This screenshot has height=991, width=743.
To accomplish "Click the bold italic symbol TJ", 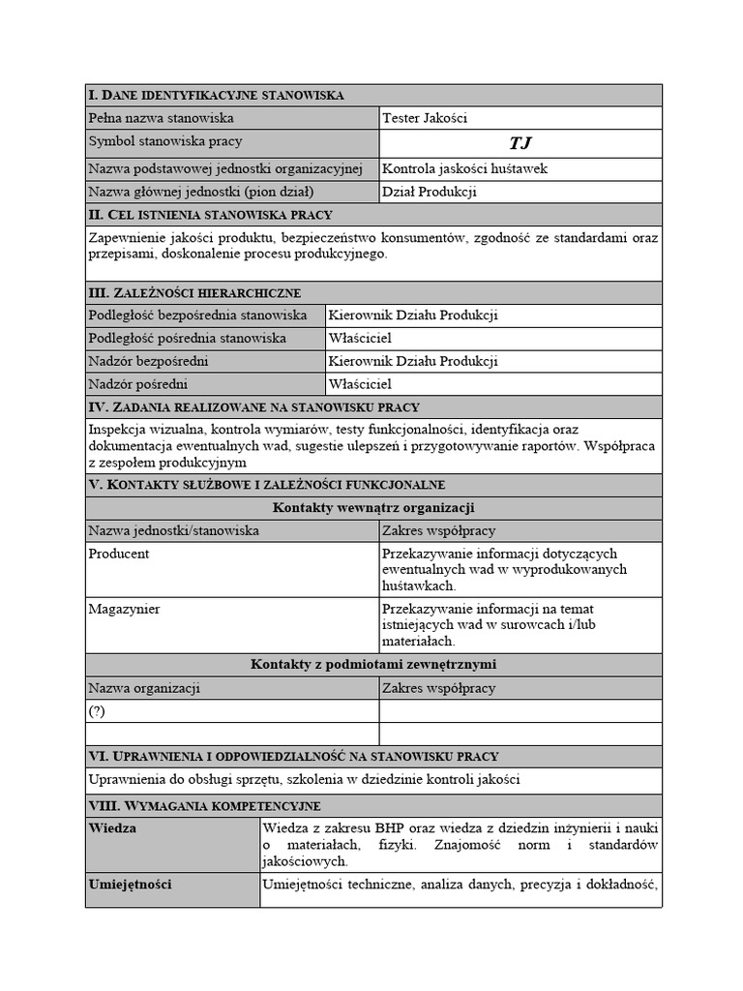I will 520,143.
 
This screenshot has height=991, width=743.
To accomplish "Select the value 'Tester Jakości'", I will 425,118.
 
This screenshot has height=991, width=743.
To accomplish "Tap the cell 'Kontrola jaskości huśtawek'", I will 465,168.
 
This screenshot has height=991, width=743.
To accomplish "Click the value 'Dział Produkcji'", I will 430,192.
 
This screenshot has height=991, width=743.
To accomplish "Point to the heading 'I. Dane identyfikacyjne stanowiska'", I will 216,95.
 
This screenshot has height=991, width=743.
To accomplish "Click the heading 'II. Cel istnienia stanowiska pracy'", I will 210,215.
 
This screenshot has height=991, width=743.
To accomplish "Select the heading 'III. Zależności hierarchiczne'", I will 194,292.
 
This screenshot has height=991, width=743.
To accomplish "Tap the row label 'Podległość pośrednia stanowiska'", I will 188,338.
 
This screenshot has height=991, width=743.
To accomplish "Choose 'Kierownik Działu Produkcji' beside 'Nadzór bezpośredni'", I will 413,361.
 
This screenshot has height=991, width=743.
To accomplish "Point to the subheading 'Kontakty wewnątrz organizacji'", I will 373,507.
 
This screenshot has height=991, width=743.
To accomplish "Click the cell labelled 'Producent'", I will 119,554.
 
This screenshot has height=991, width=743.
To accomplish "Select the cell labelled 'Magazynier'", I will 124,609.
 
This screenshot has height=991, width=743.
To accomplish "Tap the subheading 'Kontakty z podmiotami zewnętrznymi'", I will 373,664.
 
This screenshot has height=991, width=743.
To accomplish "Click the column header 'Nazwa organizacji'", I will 144,688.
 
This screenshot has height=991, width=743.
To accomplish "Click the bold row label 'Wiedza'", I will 112,828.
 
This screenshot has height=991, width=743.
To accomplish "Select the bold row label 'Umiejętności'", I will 131,884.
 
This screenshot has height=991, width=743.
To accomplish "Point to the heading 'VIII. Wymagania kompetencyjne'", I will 204,805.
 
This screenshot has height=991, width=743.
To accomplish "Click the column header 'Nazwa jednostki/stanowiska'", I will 173,530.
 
